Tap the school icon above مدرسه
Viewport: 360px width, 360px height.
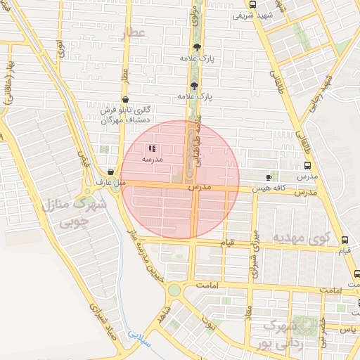tap(153, 149)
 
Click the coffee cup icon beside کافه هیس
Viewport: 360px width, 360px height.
tap(269, 177)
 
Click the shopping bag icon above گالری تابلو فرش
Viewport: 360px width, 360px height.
tap(125, 100)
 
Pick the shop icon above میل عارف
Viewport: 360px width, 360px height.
tap(111, 172)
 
